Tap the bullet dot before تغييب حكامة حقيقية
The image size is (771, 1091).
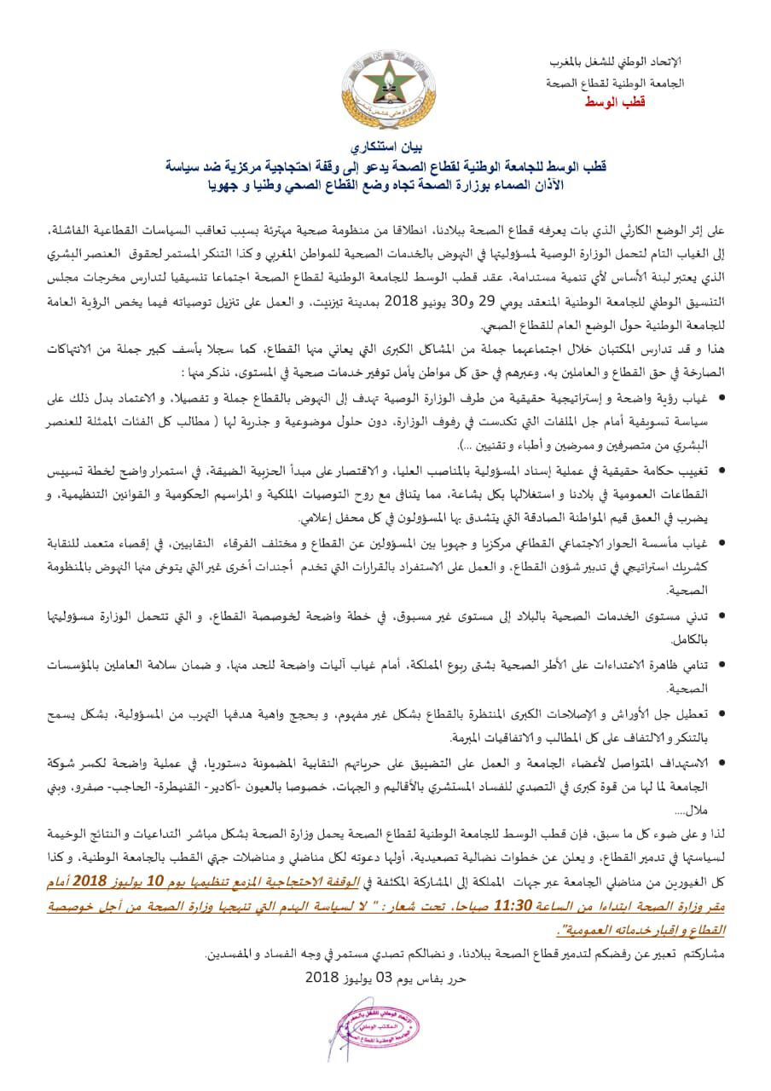tap(723, 470)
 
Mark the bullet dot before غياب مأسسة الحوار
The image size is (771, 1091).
tap(723, 541)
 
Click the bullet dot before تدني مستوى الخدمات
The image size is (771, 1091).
tap(723, 615)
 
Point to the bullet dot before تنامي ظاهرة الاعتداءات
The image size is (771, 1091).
tap(723, 663)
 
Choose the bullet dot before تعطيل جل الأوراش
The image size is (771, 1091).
tap(723, 713)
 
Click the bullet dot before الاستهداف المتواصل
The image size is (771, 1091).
tap(723, 761)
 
